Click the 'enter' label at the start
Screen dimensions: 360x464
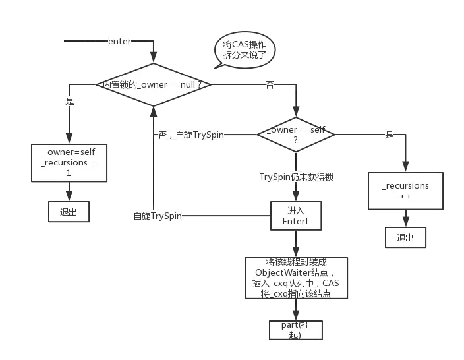pos(119,41)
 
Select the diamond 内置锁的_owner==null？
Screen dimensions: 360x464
pos(152,85)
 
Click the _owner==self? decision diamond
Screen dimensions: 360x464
pos(296,135)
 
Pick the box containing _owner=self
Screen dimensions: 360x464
pos(69,162)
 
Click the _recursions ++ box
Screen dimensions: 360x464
pos(405,191)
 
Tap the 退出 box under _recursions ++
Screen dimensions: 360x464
pos(405,238)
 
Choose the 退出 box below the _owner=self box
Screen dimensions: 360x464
pos(68,212)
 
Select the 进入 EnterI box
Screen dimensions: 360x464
pos(296,216)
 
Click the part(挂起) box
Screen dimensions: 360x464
pos(295,330)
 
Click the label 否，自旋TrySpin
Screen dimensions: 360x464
pos(192,135)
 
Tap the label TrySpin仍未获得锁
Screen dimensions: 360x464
pos(297,177)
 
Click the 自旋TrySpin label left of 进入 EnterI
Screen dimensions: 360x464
pos(158,216)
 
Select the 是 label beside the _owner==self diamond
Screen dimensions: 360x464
pos(390,135)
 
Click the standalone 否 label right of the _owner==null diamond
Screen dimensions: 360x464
pos(269,85)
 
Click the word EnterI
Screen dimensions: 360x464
pos(296,222)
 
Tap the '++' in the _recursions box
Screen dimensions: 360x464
pos(405,196)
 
